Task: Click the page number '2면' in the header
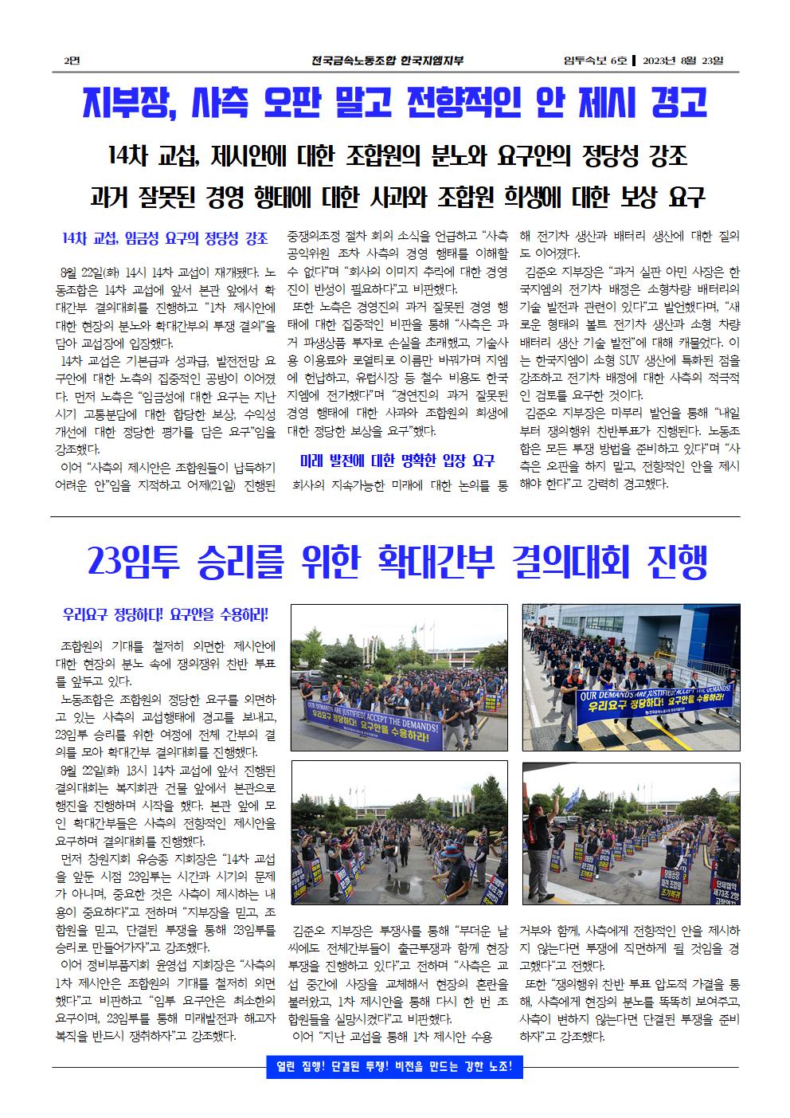(71, 61)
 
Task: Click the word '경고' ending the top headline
(679, 104)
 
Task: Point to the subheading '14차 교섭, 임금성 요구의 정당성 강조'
(165, 237)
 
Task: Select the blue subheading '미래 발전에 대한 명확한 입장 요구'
(397, 460)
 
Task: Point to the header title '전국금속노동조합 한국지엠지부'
(388, 61)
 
